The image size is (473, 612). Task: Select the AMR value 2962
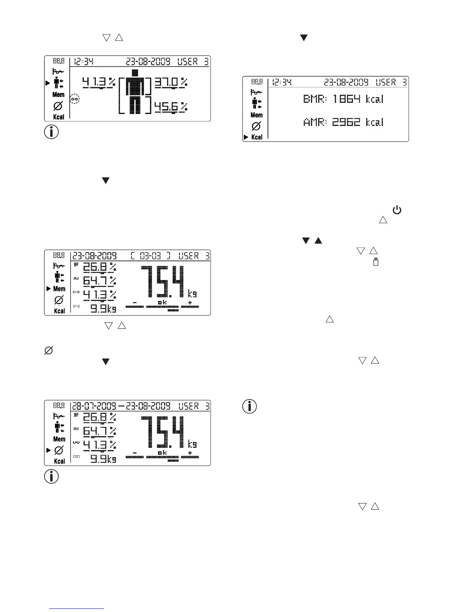coord(346,122)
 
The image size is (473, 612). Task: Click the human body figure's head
coord(134,72)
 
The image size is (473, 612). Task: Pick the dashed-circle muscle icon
coord(75,99)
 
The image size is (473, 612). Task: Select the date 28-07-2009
coord(94,406)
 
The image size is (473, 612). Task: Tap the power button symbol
coord(397,211)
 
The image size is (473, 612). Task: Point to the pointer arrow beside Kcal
coord(246,137)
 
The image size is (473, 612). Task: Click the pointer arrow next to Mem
coord(48,289)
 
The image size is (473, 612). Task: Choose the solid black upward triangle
coord(318,241)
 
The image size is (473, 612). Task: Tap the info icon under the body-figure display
coord(51,132)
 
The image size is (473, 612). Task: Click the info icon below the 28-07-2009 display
coord(51,476)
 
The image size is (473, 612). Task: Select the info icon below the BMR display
coord(250,406)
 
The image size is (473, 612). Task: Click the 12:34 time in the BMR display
coord(282,82)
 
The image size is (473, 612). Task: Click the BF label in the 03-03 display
coord(76,265)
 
